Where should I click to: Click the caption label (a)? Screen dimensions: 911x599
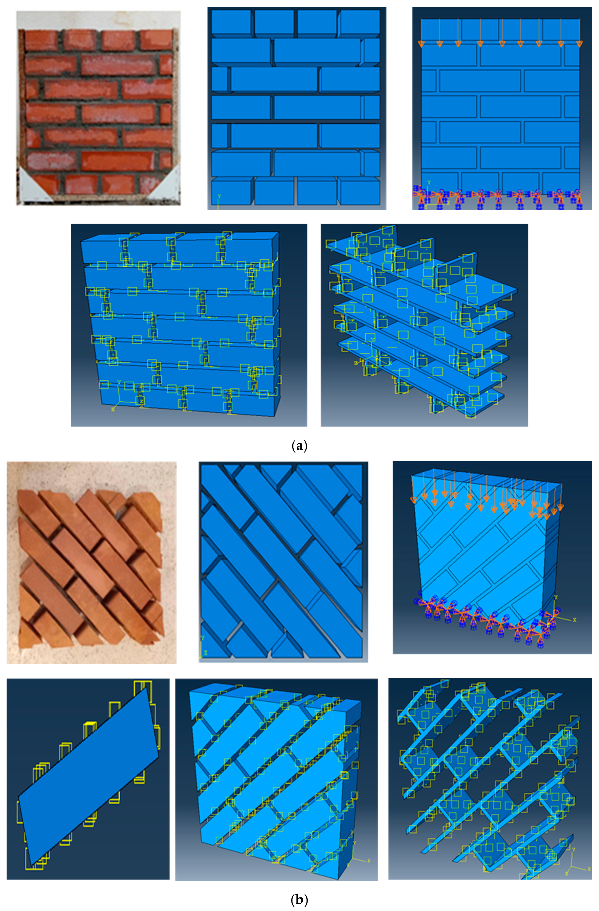299,446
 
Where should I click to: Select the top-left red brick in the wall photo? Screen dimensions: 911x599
41,39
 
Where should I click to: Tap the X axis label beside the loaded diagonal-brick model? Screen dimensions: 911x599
574,620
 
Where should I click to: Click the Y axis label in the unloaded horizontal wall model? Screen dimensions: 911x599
219,196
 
